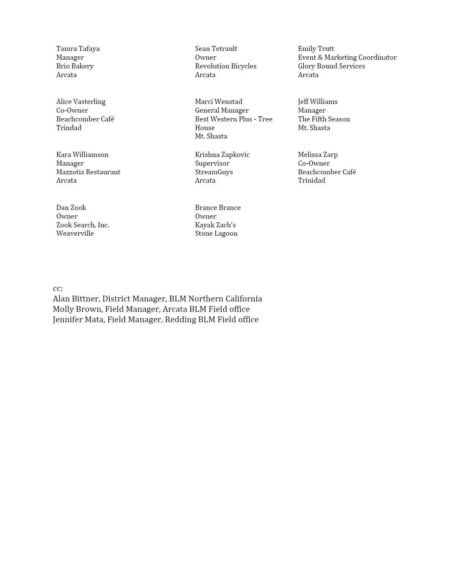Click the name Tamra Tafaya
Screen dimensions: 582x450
(78, 49)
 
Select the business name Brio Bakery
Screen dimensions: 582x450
(75, 66)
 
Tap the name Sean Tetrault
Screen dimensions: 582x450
(216, 49)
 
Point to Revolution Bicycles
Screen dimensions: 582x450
(226, 66)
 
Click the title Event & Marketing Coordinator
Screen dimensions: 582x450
(347, 58)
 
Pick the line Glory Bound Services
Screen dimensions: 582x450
(331, 66)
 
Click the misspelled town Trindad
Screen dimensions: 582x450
(69, 128)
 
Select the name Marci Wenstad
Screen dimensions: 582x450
(218, 102)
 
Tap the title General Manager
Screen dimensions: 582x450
(222, 110)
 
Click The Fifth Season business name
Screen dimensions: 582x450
(324, 119)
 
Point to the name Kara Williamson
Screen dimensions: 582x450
(82, 155)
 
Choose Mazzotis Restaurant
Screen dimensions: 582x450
(88, 172)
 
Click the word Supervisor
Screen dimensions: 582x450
(212, 163)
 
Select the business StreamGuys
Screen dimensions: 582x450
(214, 172)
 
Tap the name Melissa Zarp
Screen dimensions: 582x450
(318, 155)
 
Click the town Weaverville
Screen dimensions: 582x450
(75, 233)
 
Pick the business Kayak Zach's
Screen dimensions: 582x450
(215, 225)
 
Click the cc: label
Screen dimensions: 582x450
(58, 289)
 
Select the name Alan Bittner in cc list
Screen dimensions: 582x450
(76, 299)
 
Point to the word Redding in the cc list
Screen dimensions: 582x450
(180, 319)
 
